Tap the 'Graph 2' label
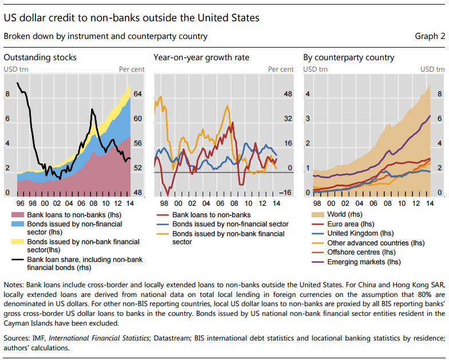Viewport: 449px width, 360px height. pyautogui.click(x=430, y=37)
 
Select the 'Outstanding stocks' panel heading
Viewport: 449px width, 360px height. pyautogui.click(x=40, y=57)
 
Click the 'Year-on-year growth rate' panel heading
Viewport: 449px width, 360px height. pyautogui.click(x=202, y=57)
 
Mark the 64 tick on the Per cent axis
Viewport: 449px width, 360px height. pyautogui.click(x=138, y=94)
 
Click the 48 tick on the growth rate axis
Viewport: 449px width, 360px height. pyautogui.click(x=288, y=94)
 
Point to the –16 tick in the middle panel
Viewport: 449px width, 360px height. pyautogui.click(x=286, y=193)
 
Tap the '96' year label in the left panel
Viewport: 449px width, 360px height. pyautogui.click(x=21, y=203)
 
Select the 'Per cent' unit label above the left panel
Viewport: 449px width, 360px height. pyautogui.click(x=132, y=69)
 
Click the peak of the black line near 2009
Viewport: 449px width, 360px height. pyautogui.click(x=93, y=109)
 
